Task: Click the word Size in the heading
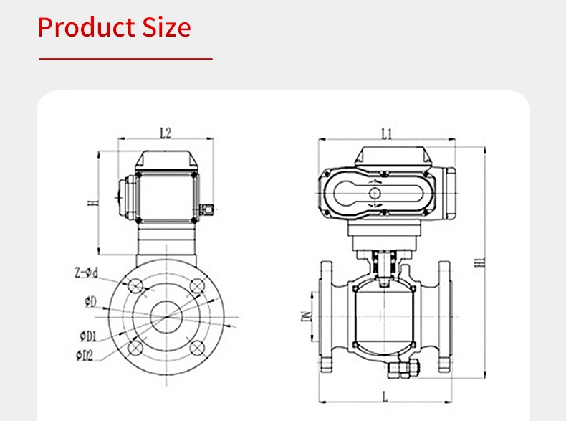point(165,27)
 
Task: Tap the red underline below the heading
point(125,58)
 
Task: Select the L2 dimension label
point(166,133)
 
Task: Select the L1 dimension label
point(387,133)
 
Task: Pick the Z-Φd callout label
point(85,273)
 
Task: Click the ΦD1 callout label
point(87,335)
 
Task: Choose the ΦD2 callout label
point(86,354)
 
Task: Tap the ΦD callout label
point(89,301)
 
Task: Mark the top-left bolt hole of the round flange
point(134,285)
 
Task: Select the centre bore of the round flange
point(166,316)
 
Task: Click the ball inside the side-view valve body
point(385,316)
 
